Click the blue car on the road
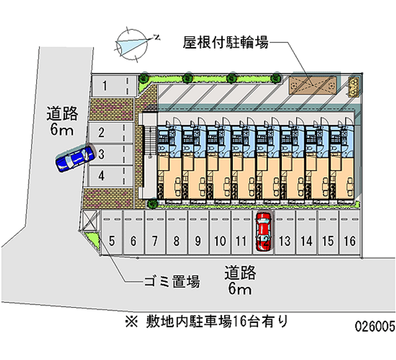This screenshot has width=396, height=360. [75, 158]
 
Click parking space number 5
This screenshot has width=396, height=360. [112, 237]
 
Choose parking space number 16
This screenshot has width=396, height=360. [349, 237]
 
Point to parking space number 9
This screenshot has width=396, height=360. [198, 237]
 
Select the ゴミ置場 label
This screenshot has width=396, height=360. [172, 282]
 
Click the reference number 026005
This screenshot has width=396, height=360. [374, 327]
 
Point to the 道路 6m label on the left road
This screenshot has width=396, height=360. [62, 122]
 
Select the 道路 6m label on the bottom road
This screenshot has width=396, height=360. [240, 280]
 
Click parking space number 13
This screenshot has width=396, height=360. [284, 237]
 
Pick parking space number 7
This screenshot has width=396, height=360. [155, 237]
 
